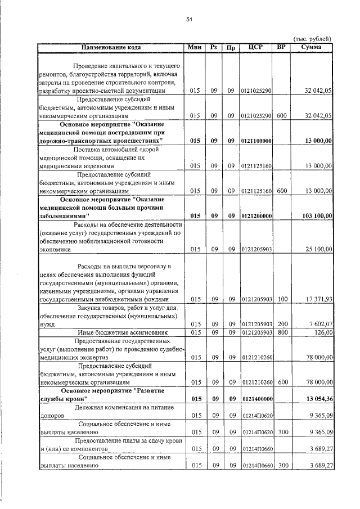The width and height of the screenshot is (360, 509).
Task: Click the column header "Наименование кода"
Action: (x=111, y=48)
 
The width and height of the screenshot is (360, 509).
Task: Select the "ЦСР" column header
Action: (x=256, y=48)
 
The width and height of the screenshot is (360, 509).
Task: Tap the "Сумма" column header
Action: (x=311, y=48)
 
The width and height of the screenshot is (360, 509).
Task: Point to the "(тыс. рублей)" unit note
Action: (x=313, y=38)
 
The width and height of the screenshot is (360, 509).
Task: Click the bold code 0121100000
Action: (x=256, y=140)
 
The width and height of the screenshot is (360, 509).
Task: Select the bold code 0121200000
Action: (x=256, y=216)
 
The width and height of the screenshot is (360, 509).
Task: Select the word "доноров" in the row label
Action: (x=51, y=416)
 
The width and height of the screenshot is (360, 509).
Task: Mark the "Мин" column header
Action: (x=195, y=48)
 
